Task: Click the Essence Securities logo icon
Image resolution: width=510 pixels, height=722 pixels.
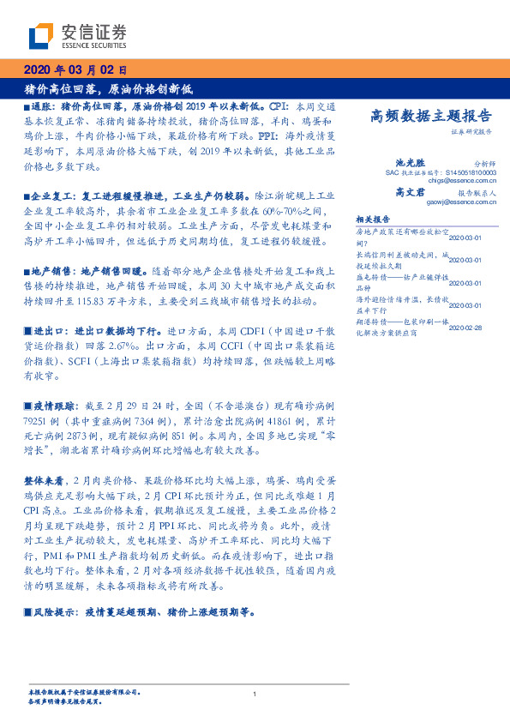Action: click(41, 35)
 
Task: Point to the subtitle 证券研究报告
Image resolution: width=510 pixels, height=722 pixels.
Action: click(471, 132)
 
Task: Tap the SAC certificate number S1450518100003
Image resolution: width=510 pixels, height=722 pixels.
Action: click(471, 172)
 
